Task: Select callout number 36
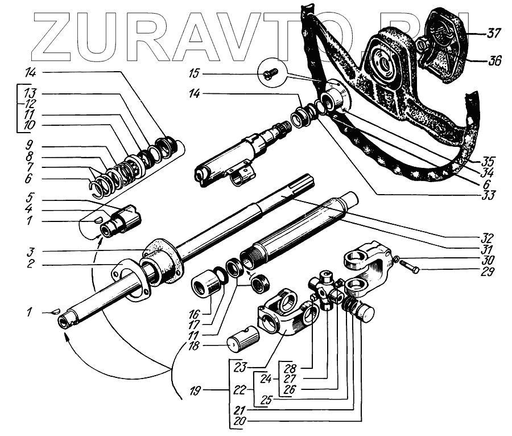[493, 60]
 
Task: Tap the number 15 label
[196, 73]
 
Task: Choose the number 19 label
[196, 391]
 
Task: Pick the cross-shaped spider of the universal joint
[327, 290]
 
